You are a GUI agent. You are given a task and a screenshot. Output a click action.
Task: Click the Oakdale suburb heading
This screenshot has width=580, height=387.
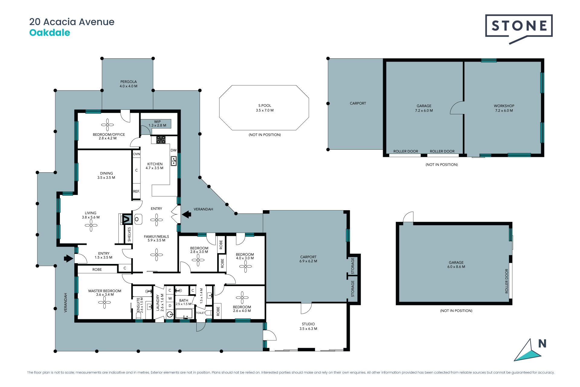[x=50, y=33]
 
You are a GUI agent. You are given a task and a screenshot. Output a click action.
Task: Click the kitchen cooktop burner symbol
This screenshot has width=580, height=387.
[x=161, y=139]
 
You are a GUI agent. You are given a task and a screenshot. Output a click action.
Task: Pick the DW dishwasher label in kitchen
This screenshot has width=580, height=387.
[x=173, y=150]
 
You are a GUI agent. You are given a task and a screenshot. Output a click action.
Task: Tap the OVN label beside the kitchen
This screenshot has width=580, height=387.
[x=137, y=154]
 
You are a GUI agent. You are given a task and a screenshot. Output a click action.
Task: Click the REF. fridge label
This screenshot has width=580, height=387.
[x=136, y=191]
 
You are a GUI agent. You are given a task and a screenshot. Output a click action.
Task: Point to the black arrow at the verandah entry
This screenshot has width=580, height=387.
[x=186, y=214]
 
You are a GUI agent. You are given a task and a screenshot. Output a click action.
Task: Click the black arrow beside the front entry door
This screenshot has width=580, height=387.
[x=69, y=259]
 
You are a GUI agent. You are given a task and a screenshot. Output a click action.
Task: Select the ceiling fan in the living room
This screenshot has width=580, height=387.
[x=91, y=225]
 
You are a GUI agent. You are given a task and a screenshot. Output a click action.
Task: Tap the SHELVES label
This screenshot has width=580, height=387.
[x=129, y=234]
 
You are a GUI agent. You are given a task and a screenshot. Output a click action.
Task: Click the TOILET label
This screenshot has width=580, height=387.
[x=201, y=313]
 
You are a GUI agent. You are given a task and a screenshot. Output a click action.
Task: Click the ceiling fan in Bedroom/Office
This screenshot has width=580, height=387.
[x=107, y=125]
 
